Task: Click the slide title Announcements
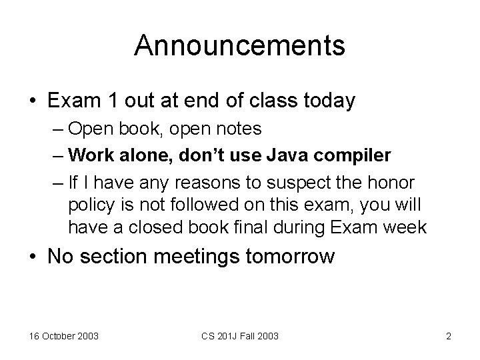239,46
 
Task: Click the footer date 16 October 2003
63,336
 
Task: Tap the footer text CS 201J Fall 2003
240,336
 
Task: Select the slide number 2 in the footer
449,336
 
